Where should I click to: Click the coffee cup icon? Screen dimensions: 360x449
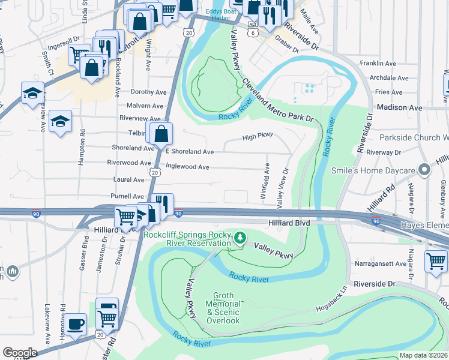tap(76, 325)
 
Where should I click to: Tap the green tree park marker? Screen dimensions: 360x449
tap(240, 238)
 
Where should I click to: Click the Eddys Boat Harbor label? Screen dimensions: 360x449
tap(217, 14)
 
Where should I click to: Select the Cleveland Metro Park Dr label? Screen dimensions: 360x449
tap(279, 102)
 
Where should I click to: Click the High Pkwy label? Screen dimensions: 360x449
tap(258, 137)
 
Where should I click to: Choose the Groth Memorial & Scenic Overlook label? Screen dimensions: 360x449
tap(223, 308)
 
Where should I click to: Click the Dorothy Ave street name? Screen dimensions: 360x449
tap(148, 92)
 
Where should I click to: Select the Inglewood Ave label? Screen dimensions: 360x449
tap(187, 166)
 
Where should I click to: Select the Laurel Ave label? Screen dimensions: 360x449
tap(128, 179)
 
